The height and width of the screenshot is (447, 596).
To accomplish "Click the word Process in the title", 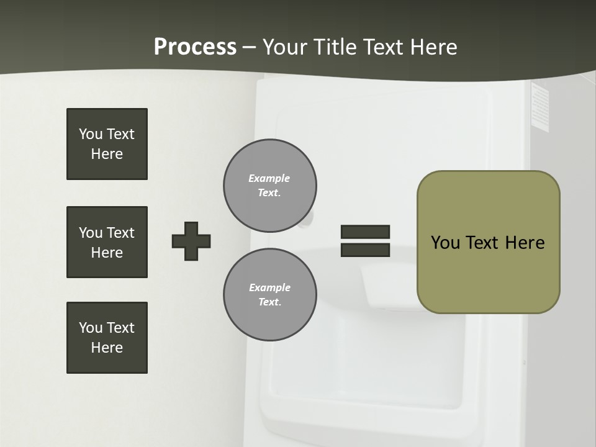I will [x=195, y=47].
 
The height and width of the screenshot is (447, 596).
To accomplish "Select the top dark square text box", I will [x=107, y=144].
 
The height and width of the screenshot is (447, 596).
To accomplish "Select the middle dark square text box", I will [x=107, y=242].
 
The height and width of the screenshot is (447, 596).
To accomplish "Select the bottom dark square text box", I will [x=107, y=338].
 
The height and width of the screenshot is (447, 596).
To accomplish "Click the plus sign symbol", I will [x=191, y=241].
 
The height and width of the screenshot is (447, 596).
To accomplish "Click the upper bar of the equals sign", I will [x=365, y=232].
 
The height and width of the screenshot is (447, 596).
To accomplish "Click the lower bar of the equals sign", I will [x=365, y=250].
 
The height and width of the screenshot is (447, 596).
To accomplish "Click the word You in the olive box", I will [x=445, y=243].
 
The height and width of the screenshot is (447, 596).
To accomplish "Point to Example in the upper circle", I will [x=269, y=178].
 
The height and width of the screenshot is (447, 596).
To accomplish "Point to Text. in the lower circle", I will [x=269, y=302].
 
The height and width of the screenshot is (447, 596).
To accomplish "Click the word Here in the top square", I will [x=107, y=154].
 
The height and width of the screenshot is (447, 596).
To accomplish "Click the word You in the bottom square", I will [x=91, y=327].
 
